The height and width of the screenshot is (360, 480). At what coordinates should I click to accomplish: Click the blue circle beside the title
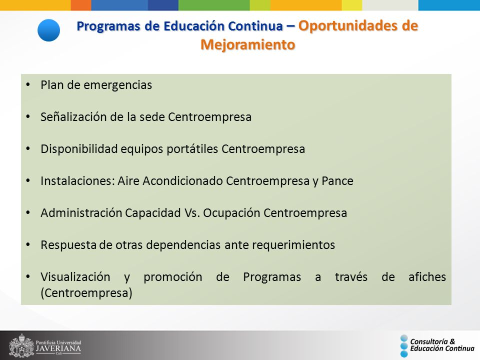coord(48,30)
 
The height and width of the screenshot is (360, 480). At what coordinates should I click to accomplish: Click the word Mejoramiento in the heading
coord(248,44)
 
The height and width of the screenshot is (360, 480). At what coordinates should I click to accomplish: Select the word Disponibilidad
coord(79,149)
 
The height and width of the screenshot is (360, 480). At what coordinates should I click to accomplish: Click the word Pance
coord(337,181)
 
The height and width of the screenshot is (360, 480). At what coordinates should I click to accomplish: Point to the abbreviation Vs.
coord(192,213)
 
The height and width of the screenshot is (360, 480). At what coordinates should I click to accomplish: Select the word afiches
coord(427,276)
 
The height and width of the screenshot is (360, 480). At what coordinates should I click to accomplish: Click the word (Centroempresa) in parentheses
coord(86,293)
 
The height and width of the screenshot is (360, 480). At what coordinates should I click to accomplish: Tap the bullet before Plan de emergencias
coord(28,85)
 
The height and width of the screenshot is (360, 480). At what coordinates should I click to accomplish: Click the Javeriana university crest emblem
coord(21,345)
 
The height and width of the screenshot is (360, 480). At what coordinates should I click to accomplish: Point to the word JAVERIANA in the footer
coord(58,348)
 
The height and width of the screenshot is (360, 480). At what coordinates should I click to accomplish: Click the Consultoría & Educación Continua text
coord(442,345)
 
